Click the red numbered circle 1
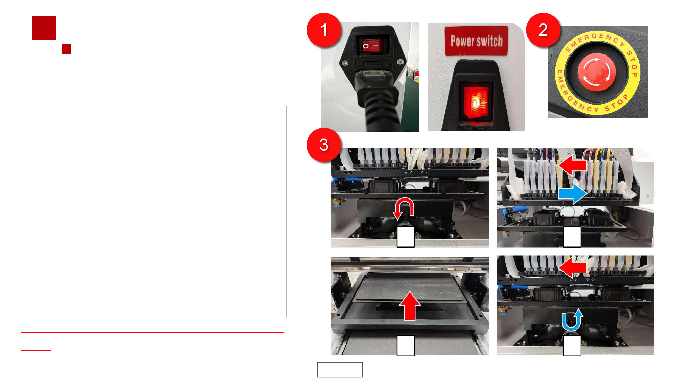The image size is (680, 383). [x=324, y=30]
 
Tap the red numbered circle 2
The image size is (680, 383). [x=543, y=30]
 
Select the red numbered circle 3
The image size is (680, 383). [x=324, y=145]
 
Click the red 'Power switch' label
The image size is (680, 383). [x=476, y=41]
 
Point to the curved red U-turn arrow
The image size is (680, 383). [x=404, y=207]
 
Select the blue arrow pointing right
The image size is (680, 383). [x=573, y=193]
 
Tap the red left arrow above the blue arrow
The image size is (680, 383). [x=573, y=165]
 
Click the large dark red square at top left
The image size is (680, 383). [x=44, y=28]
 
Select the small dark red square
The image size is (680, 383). [x=66, y=49]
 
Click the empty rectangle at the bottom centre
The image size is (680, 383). [x=340, y=369]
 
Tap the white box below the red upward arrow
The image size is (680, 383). [x=406, y=346]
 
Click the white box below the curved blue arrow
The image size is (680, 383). [x=572, y=346]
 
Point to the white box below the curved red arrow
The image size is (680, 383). [x=406, y=237]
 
